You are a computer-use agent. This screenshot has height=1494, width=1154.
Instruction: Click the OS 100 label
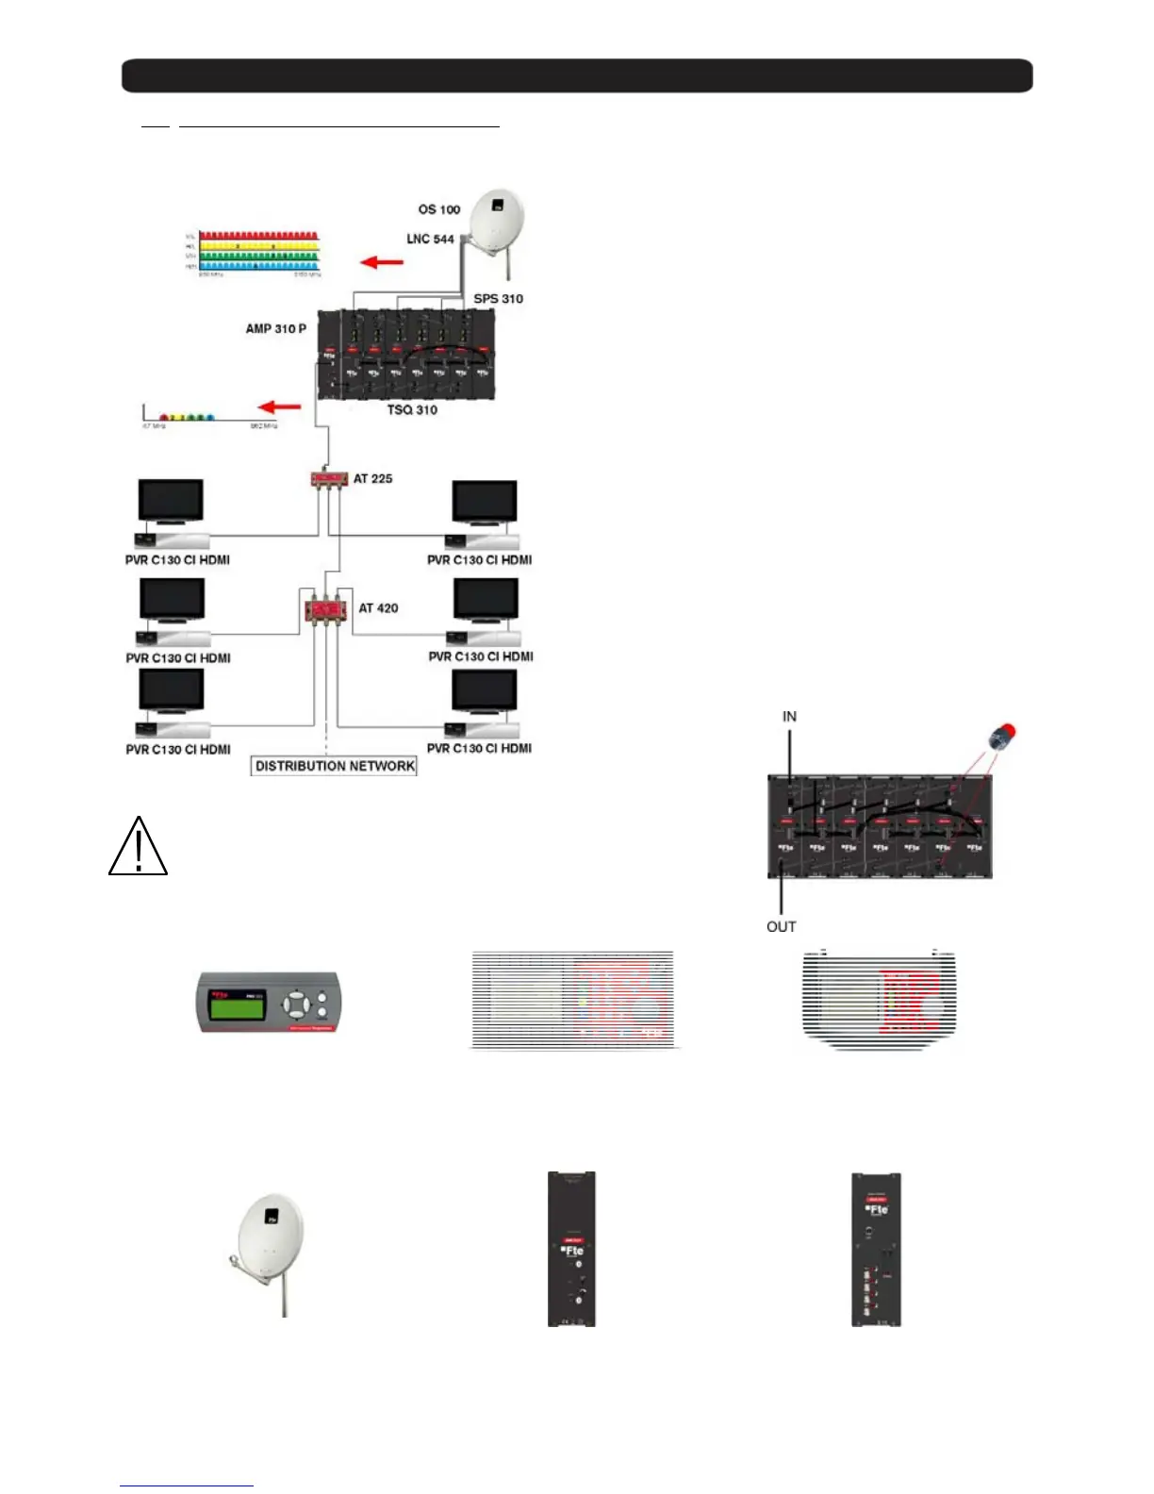tap(439, 209)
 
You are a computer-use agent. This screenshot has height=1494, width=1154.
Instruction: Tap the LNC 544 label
tap(430, 240)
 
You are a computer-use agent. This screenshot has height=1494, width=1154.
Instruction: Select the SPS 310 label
tap(498, 299)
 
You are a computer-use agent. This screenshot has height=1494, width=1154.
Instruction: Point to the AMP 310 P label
tap(275, 329)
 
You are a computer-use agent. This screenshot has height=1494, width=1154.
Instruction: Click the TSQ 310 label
tap(412, 410)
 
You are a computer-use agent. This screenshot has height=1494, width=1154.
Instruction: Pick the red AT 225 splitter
tap(329, 479)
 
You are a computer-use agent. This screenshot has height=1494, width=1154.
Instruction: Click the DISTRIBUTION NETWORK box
tap(335, 766)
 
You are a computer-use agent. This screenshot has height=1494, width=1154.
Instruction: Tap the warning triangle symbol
tap(139, 846)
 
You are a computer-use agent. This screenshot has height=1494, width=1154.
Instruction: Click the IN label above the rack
tap(789, 717)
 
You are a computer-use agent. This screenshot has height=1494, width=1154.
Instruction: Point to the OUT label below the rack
tap(781, 927)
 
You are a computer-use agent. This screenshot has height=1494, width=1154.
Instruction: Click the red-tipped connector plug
tap(1003, 736)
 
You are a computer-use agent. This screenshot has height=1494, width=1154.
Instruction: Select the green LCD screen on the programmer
tap(236, 1006)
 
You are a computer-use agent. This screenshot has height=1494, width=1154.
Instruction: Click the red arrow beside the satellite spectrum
tap(382, 261)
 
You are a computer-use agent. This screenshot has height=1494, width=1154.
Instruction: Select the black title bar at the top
tap(577, 75)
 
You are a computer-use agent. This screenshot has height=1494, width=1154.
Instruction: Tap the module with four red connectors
tap(876, 1249)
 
